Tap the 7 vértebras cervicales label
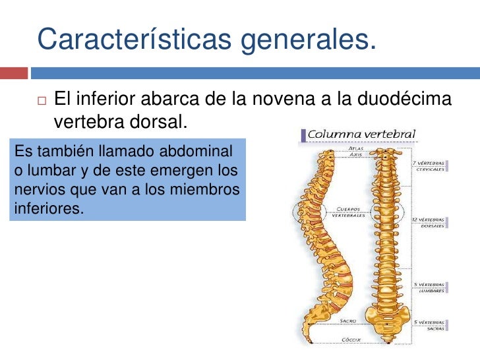pos(429,165)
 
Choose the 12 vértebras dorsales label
pos(429,222)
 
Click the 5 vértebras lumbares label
pos(430,288)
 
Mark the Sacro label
pos(347,321)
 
